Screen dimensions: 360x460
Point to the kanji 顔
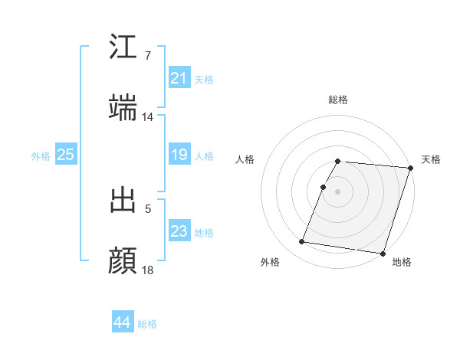(x=123, y=260)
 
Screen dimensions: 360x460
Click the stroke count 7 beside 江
(x=147, y=56)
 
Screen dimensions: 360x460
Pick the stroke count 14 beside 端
(x=148, y=117)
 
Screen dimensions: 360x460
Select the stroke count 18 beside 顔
(x=148, y=270)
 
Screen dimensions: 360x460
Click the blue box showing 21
(x=179, y=78)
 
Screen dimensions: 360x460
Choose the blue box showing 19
(x=179, y=155)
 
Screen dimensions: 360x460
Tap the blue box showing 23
(x=179, y=231)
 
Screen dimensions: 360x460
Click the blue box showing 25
(x=65, y=155)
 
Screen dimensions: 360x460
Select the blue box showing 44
(x=122, y=323)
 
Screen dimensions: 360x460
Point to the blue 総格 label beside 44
(x=147, y=324)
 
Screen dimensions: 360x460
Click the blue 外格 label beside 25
(x=41, y=155)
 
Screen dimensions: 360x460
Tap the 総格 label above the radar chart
(x=338, y=100)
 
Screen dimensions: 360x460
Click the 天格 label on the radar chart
(x=431, y=159)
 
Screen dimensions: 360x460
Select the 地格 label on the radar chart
(x=402, y=262)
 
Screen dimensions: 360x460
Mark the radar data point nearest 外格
(x=302, y=242)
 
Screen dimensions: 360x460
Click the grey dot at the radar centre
(x=338, y=191)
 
